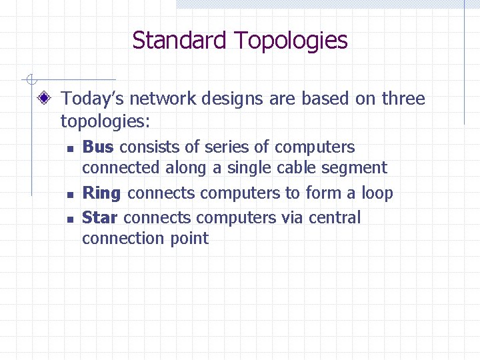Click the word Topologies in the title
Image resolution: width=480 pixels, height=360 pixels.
point(291,41)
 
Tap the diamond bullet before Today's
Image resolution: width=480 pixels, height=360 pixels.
point(45,99)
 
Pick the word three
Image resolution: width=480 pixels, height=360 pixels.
point(403,99)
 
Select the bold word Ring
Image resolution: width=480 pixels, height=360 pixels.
point(101,194)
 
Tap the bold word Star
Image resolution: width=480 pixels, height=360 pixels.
point(100,217)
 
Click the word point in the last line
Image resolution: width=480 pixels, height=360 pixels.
point(191,239)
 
